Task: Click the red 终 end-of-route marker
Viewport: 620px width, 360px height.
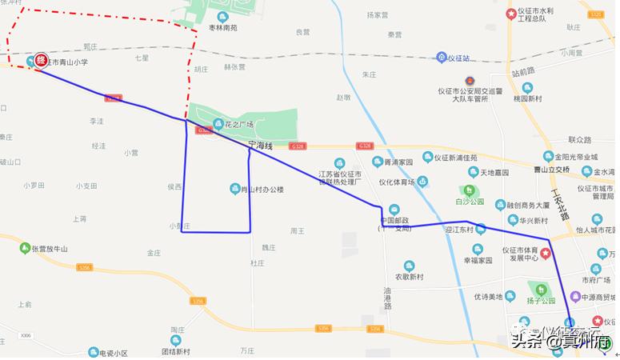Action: coord(40,61)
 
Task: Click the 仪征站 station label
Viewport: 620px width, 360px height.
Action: coord(461,58)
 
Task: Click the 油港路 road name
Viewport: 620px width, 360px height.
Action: coord(388,298)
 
